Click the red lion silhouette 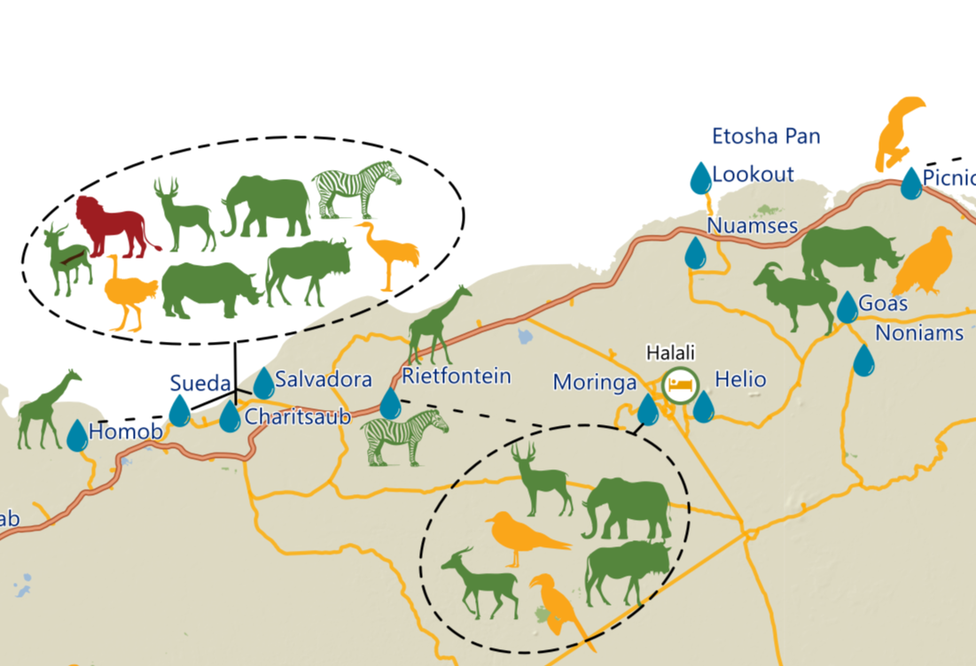pyautogui.click(x=114, y=228)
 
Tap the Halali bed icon pyautogui.click(x=680, y=385)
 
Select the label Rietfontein pyautogui.click(x=457, y=376)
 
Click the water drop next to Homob pyautogui.click(x=77, y=436)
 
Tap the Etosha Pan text pyautogui.click(x=766, y=136)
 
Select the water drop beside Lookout pyautogui.click(x=701, y=178)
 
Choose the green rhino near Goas pyautogui.click(x=849, y=252)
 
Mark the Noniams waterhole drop pyautogui.click(x=863, y=360)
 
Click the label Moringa pyautogui.click(x=595, y=382)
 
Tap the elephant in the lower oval pyautogui.click(x=626, y=508)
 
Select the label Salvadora pyautogui.click(x=324, y=380)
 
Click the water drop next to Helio pyautogui.click(x=703, y=407)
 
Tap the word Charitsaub pyautogui.click(x=298, y=416)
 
